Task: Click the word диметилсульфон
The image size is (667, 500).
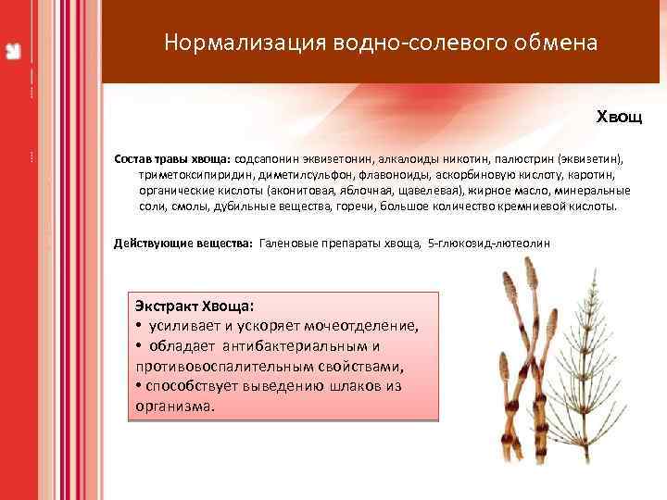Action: [x=290, y=174]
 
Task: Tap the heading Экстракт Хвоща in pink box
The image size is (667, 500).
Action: [x=194, y=305]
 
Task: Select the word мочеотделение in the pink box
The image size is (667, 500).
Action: [x=364, y=325]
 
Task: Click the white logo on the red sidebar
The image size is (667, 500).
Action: [x=14, y=52]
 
